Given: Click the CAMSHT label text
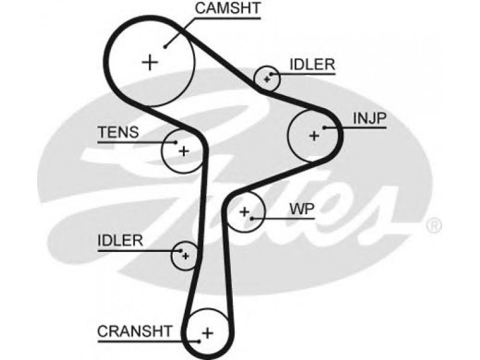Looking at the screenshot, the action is click(228, 8).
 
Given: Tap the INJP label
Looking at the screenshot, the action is click(370, 118).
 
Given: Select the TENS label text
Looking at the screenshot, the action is click(118, 132).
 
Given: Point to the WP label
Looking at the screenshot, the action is click(302, 209).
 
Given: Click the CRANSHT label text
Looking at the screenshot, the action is click(134, 331).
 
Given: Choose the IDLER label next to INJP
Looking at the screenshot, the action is click(313, 65).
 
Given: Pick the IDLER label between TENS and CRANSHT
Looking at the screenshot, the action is click(121, 241).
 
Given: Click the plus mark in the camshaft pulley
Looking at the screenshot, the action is click(150, 62).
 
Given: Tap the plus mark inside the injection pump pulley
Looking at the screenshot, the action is click(314, 136).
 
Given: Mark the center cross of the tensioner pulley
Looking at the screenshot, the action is click(184, 151).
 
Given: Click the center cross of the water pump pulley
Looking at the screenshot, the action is click(244, 212).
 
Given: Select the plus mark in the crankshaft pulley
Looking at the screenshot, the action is click(208, 333).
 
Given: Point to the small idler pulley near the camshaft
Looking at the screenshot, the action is click(267, 79).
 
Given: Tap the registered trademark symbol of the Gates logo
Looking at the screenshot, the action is click(434, 226).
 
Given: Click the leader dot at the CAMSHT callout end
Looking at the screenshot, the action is click(165, 47).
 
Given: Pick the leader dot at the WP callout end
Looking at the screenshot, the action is click(251, 218).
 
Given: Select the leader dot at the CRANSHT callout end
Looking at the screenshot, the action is click(199, 341).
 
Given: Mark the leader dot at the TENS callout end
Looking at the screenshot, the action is click(176, 142).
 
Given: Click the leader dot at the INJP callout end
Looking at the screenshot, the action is click(324, 127).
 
